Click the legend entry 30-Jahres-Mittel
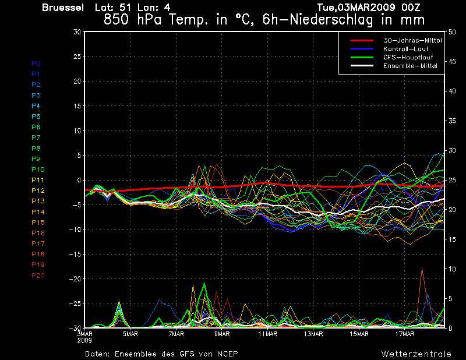412,40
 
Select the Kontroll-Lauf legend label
405,49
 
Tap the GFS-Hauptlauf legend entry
408,57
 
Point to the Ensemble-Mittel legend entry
410,66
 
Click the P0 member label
36,63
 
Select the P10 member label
38,170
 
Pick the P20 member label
38,276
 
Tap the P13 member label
38,201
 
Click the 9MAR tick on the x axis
222,334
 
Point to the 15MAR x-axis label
359,334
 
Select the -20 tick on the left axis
75,279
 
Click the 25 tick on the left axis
77,56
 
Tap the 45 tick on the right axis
452,62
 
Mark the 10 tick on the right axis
452,269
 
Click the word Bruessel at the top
63,8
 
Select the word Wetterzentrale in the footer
416,354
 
